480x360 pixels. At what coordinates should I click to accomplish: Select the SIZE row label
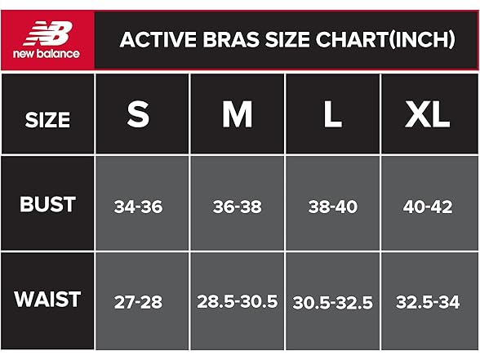tap(47, 120)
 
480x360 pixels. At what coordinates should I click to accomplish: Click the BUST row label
tap(47, 204)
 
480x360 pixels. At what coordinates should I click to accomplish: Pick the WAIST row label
tap(47, 299)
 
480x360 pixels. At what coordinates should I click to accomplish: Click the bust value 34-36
tap(139, 207)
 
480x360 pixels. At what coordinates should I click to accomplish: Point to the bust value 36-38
tap(237, 207)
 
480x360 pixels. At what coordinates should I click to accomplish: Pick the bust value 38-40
tap(332, 207)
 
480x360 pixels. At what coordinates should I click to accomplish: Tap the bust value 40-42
tap(427, 207)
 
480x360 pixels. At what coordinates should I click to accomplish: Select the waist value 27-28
tap(139, 302)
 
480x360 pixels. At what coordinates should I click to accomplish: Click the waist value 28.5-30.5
tap(237, 302)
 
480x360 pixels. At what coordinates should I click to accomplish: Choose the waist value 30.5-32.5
tap(332, 302)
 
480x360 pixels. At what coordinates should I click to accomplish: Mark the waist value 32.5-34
tap(427, 302)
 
